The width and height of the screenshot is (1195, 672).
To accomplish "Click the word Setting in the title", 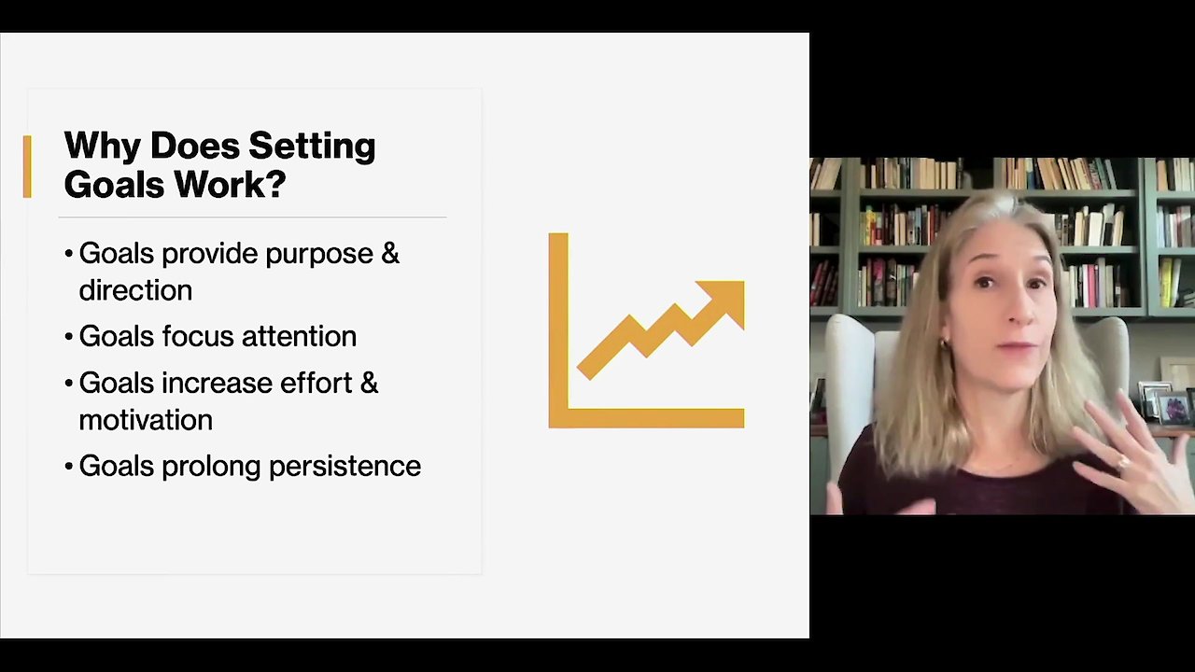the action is (312, 147).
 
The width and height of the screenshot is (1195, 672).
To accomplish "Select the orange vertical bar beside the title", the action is (27, 166).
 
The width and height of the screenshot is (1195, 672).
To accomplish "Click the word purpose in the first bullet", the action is (320, 255).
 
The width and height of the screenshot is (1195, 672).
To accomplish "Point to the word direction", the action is (135, 290).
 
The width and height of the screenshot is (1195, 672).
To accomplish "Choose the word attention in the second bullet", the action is (300, 337).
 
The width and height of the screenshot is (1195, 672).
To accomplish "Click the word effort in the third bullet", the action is (316, 383).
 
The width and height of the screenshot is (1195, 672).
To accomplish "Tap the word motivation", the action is (146, 420).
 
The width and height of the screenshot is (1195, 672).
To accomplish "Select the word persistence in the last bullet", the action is (344, 466).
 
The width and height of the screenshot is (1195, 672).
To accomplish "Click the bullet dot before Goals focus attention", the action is (68, 337).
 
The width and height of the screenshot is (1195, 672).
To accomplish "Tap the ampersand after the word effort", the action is (369, 383).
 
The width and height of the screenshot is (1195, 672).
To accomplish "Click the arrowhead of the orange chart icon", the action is (726, 299).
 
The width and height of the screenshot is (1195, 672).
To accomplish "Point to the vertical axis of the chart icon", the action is (558, 330).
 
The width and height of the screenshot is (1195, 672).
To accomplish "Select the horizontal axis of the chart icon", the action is (647, 418).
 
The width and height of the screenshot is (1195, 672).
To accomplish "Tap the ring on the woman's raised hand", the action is (1121, 463).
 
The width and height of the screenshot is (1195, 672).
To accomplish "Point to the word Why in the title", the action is (102, 147).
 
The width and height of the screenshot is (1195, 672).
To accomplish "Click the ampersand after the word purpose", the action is (390, 253).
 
